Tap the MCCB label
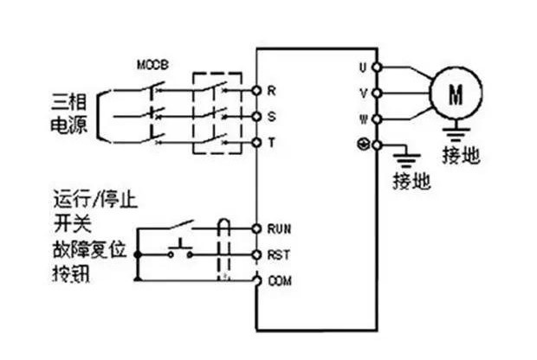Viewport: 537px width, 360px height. (152, 66)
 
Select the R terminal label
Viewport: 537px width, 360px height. (271, 89)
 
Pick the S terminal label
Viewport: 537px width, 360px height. (271, 115)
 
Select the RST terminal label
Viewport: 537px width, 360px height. (277, 254)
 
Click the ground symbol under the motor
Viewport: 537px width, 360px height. (452, 132)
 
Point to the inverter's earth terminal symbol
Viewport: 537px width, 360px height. (363, 144)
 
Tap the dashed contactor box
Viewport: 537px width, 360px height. (216, 113)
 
